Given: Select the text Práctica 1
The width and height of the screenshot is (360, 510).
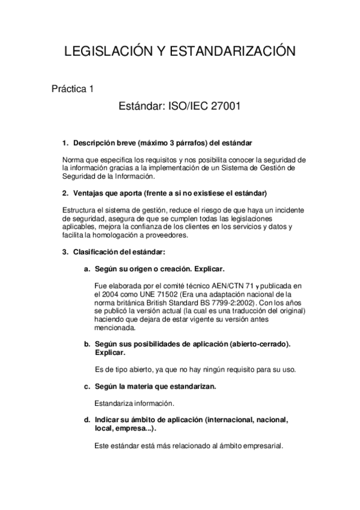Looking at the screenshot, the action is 73,89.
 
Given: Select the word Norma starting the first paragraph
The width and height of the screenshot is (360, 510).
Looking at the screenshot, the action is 74,159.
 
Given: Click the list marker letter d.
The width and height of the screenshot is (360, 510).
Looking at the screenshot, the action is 87,419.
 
